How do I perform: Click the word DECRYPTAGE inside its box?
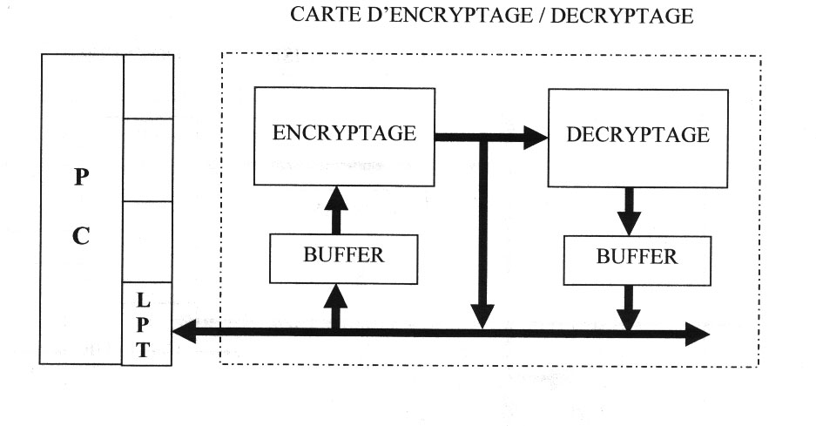coord(637,135)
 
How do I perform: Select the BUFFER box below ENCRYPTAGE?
coord(344,256)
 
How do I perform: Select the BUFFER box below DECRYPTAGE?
coord(637,257)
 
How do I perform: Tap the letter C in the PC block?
coord(80,236)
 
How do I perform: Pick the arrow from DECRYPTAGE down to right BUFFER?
coord(628,210)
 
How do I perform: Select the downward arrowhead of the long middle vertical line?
coord(482,315)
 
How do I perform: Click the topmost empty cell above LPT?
coord(147,85)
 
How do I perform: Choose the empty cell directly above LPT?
coord(147,241)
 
